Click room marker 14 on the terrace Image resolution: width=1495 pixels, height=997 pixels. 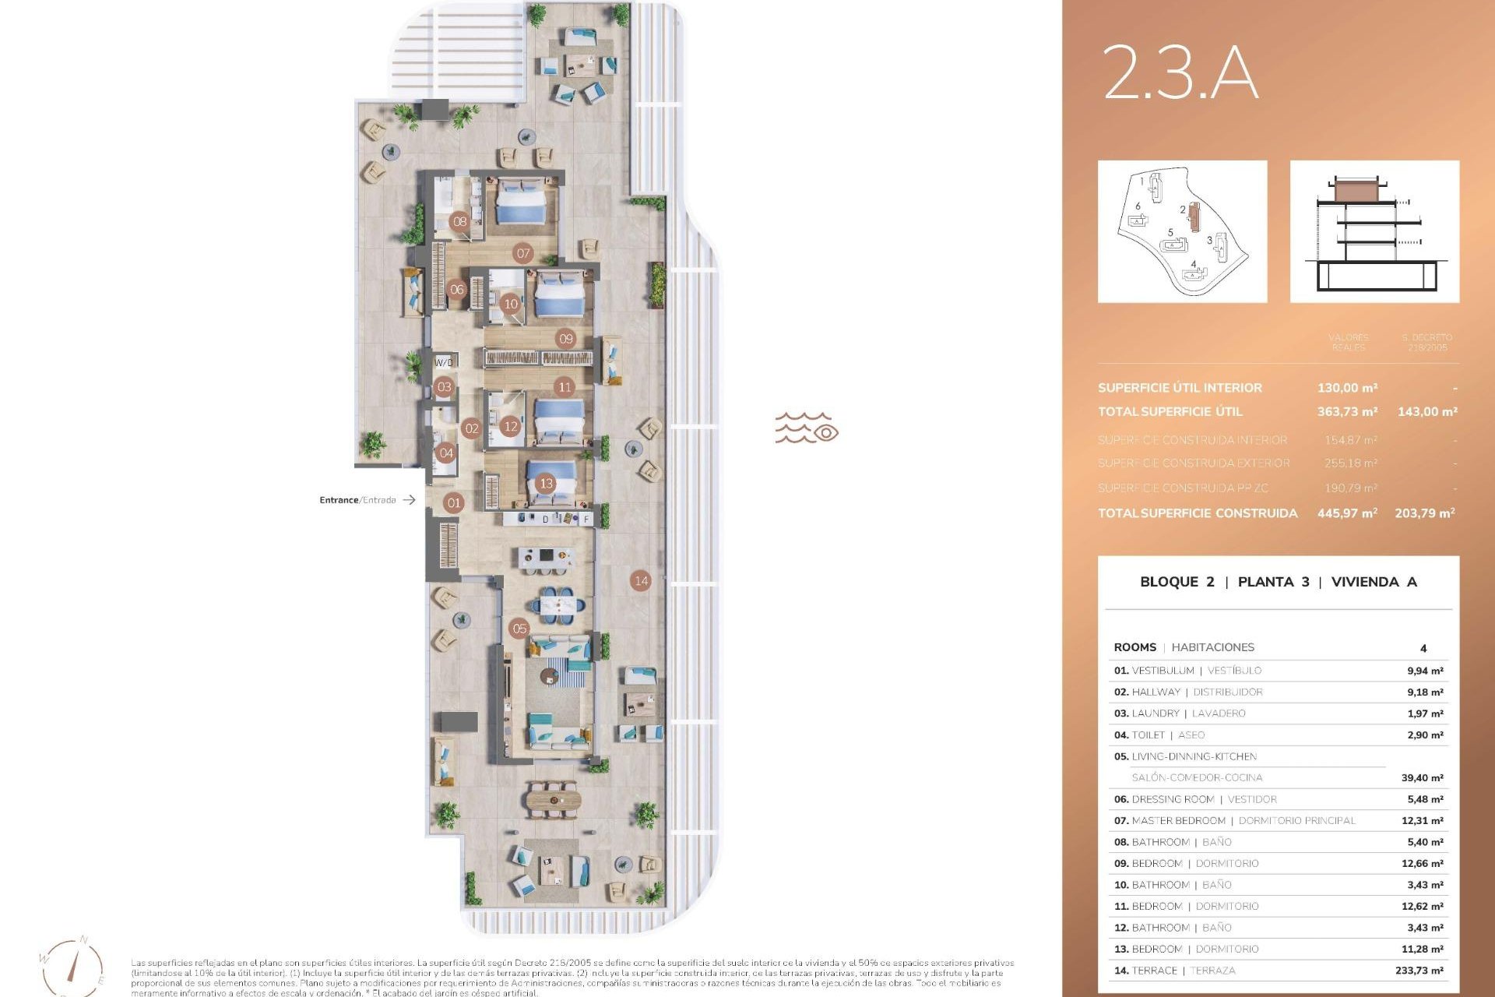[641, 580]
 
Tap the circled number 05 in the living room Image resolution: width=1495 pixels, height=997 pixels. [519, 629]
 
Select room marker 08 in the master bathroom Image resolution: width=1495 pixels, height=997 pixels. [460, 221]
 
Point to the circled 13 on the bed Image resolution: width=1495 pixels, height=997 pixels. [546, 484]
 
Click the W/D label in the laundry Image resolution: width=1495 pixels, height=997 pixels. [444, 362]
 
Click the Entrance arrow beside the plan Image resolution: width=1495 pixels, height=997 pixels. [409, 500]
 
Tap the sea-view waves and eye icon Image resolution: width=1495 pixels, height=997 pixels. [806, 428]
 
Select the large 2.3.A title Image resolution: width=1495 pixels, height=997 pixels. [1180, 72]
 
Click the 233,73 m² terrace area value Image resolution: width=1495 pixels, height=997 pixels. [1419, 971]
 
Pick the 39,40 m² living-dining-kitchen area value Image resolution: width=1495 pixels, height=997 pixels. [1422, 777]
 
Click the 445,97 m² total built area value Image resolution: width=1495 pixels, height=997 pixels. [1347, 513]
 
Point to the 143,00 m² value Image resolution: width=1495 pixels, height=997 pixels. [1427, 411]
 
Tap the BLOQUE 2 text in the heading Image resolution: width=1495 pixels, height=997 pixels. [1177, 582]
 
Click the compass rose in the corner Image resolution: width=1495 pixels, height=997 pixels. [74, 966]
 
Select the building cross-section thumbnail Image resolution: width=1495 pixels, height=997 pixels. [1374, 231]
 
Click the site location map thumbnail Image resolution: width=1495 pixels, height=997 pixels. [1182, 231]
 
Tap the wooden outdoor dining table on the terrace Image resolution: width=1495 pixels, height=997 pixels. [553, 799]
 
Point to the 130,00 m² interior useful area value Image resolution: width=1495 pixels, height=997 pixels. [1347, 388]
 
